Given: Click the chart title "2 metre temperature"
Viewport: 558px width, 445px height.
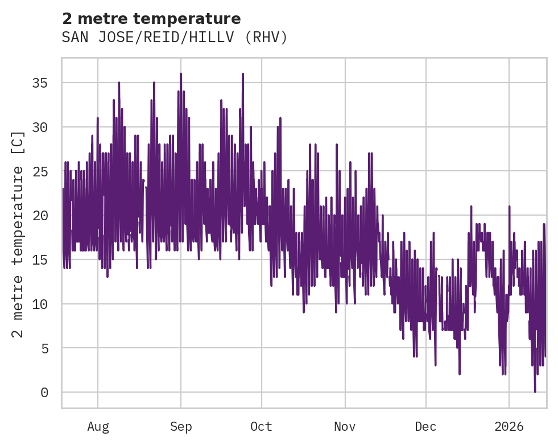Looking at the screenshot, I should coord(151,19).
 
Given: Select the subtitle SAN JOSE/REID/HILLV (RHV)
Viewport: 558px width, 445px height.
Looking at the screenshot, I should coord(175,38).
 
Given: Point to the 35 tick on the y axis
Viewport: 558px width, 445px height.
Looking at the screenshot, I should coord(40,83).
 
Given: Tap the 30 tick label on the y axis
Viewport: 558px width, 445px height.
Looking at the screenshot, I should coord(40,127).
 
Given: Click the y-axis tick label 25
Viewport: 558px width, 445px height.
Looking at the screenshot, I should coord(40,171).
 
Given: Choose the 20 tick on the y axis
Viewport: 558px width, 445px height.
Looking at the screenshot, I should coord(40,216).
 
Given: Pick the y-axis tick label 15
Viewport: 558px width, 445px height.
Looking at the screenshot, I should coord(40,259).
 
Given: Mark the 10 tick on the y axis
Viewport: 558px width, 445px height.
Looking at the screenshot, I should coord(40,304).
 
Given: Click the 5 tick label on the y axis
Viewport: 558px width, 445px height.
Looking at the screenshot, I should coord(44,348).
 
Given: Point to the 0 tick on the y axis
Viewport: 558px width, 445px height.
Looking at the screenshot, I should coord(44,393).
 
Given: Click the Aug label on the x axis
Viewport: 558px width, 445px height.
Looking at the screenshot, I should coord(98,427).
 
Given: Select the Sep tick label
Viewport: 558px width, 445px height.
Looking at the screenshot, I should coord(181,427).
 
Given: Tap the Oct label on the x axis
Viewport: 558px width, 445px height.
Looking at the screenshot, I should coord(262,427).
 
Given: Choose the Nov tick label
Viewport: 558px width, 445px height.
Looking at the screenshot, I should coord(345,427).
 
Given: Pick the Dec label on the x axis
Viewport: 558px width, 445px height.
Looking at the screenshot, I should coord(425,427).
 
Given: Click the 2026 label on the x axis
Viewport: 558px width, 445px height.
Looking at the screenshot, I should coord(509,427).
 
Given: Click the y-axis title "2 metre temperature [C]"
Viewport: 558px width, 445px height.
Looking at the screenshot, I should coord(18,234).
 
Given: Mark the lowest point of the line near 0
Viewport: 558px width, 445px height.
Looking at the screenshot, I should coord(535,392).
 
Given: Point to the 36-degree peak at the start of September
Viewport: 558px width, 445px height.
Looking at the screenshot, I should coord(180,74).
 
